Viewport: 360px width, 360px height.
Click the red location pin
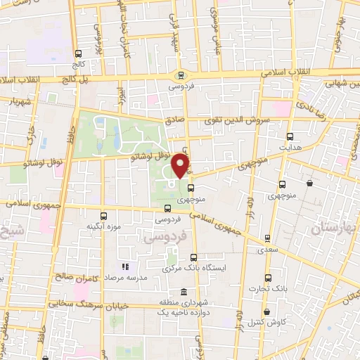coord(181,166)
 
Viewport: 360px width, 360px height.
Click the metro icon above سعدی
coord(266,238)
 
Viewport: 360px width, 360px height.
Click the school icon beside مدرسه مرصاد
coord(125,267)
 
